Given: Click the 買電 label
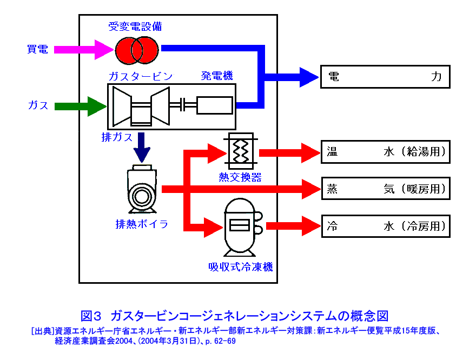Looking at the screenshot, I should coord(38,50).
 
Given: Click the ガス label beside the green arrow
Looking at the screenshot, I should coord(38,105).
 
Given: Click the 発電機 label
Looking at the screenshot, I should coord(217,76).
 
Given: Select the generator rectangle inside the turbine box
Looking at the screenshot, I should coord(215,105).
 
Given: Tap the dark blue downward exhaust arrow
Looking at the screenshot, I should coord(143,147).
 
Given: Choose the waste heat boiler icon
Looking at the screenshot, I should coord(142,189).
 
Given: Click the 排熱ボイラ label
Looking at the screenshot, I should coord(142,224).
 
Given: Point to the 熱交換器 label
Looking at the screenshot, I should coord(240,177).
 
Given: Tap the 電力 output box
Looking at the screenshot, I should coord(385,77).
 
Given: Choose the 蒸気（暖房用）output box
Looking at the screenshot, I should coord(385,189).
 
